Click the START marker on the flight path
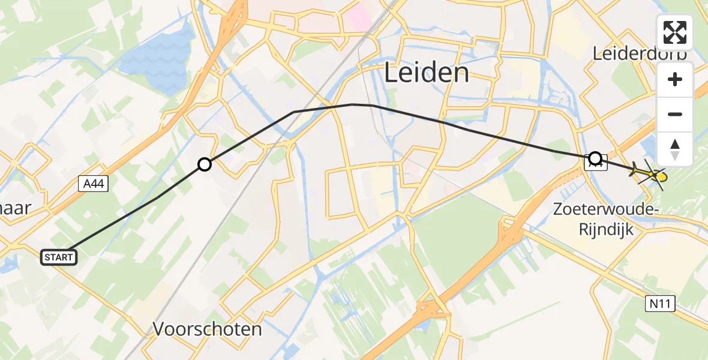coord(59,257)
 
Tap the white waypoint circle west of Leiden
coord(205,164)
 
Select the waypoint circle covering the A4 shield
coord(595,158)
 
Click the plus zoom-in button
coord(675,80)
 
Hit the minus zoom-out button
coord(675,114)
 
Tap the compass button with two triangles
coord(675,149)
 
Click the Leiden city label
coord(426,73)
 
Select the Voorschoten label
coord(208,329)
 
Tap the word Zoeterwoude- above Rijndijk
coord(607,209)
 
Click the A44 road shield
coord(93,185)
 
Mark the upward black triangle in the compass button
coord(675,144)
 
